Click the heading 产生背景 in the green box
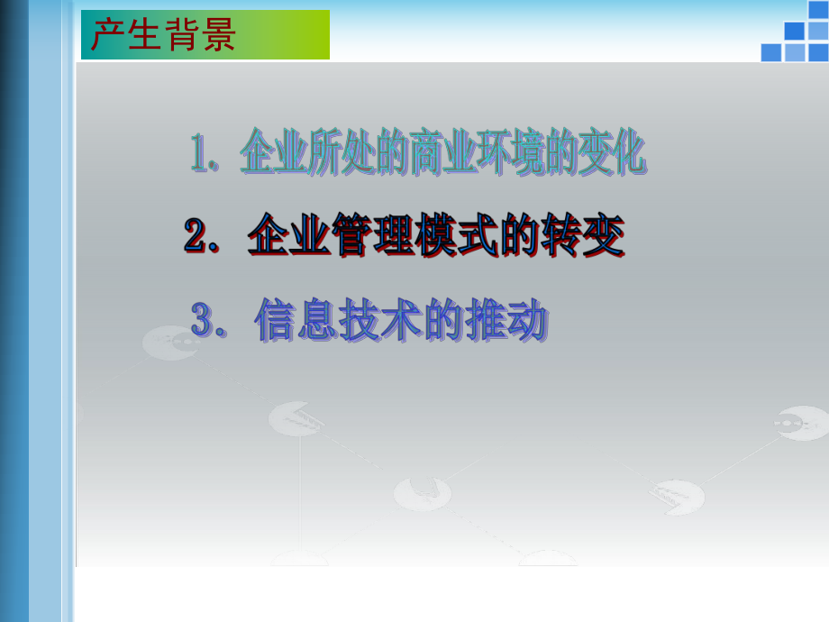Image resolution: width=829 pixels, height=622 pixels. pyautogui.click(x=163, y=35)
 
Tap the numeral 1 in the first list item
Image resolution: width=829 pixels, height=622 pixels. pyautogui.click(x=198, y=154)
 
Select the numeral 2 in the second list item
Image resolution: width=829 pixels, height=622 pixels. pyautogui.click(x=196, y=237)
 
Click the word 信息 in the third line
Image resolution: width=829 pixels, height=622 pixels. pyautogui.click(x=296, y=320)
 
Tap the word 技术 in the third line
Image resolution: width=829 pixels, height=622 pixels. pyautogui.click(x=380, y=320)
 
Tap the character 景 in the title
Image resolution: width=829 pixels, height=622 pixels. pyautogui.click(x=218, y=35)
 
